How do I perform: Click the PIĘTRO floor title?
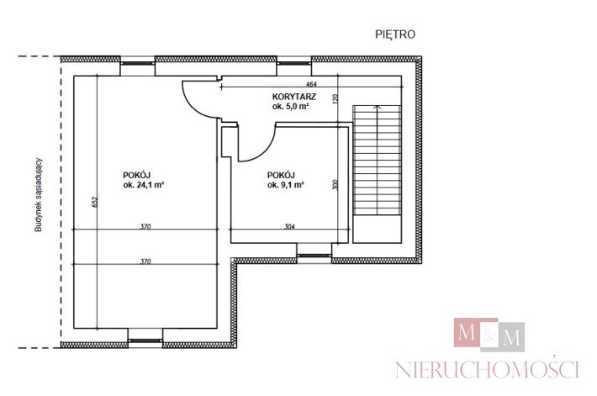(x=395, y=34)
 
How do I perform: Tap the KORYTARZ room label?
(x=294, y=97)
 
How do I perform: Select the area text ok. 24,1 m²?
(x=144, y=185)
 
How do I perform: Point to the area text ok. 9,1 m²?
(x=286, y=185)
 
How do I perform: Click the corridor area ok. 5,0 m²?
(x=290, y=107)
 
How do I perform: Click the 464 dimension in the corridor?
(x=311, y=84)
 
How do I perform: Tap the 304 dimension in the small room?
(x=289, y=226)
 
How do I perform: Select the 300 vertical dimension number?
(x=335, y=185)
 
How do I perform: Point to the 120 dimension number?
(x=335, y=99)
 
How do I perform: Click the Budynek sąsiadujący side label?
(x=39, y=195)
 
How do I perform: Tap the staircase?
(x=377, y=174)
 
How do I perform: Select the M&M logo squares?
(x=489, y=335)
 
